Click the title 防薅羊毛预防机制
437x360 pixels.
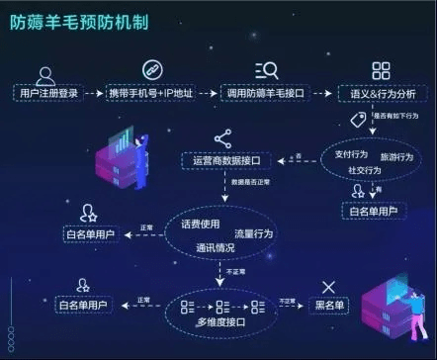click(80, 21)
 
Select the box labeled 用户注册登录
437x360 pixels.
click(46, 93)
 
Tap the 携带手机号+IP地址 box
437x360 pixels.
click(148, 93)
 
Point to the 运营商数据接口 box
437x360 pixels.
click(221, 159)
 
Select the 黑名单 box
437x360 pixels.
click(328, 303)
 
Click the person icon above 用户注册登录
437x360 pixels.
click(45, 71)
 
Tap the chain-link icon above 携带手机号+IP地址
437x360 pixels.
click(150, 70)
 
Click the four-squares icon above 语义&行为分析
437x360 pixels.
click(381, 70)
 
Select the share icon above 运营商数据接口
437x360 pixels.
click(221, 138)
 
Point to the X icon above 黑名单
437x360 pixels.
click(328, 286)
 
